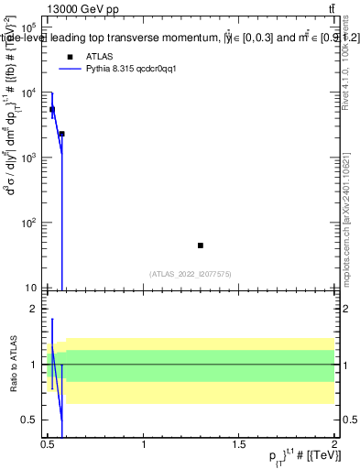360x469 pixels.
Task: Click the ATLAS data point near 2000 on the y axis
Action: coord(61,134)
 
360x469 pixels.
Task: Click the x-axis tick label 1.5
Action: coord(240,444)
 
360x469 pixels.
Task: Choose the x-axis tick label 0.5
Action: coord(48,444)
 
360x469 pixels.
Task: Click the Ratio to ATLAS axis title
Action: coord(12,365)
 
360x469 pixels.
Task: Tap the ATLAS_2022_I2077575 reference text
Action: coord(189,274)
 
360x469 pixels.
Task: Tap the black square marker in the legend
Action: coord(70,57)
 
